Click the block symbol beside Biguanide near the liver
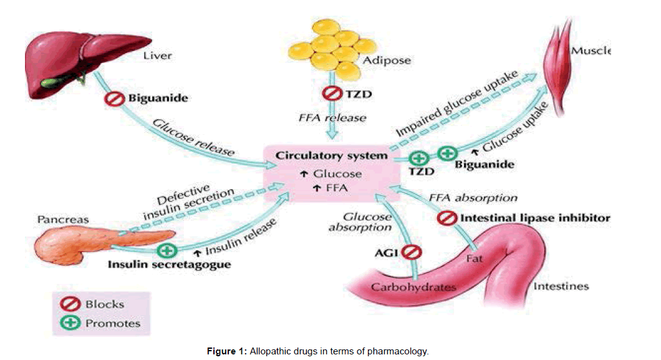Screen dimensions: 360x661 [117, 99]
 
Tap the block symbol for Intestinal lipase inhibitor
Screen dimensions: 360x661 [447, 218]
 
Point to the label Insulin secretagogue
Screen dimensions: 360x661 [170, 265]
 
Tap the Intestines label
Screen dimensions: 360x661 [561, 286]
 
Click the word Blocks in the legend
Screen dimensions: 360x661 [105, 304]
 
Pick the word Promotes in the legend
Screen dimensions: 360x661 [113, 323]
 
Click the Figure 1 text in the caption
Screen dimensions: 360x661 [227, 351]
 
